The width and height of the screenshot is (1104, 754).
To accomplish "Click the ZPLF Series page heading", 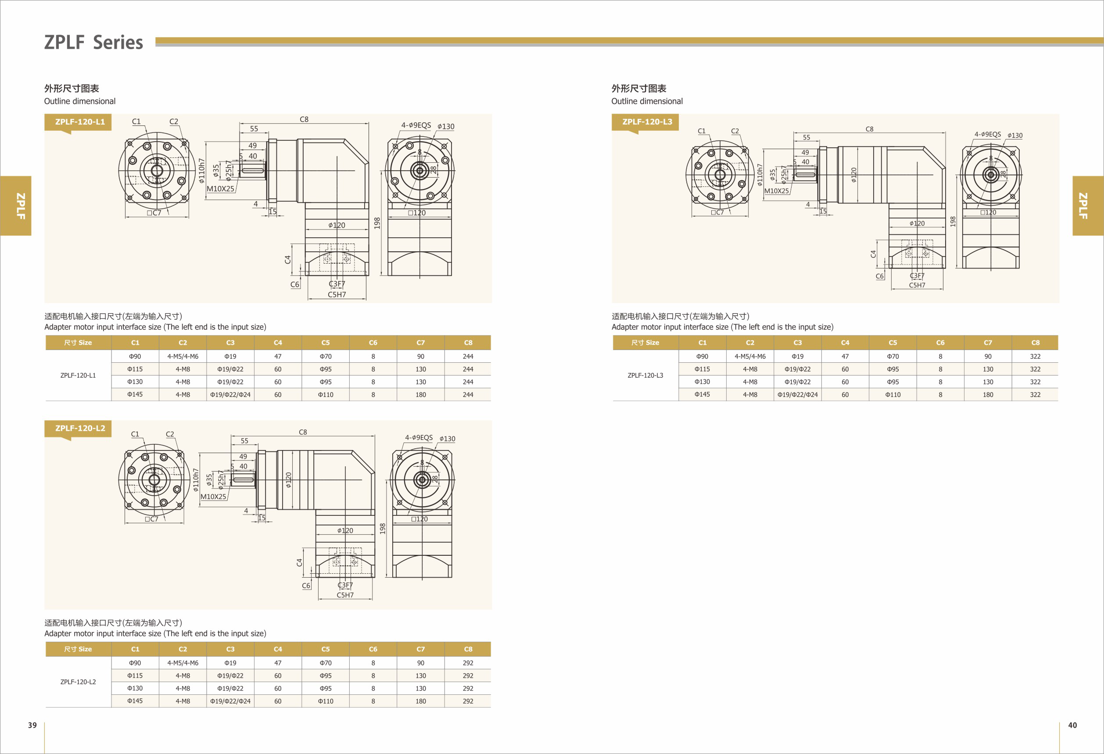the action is point(93,42).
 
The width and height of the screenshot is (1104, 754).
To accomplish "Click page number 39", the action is point(32,725).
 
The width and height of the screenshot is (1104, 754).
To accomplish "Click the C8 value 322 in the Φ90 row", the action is point(1035,357).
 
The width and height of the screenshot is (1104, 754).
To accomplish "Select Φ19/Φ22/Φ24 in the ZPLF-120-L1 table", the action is point(230,395).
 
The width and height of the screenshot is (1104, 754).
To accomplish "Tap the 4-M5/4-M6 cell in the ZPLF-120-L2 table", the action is point(183,663).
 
